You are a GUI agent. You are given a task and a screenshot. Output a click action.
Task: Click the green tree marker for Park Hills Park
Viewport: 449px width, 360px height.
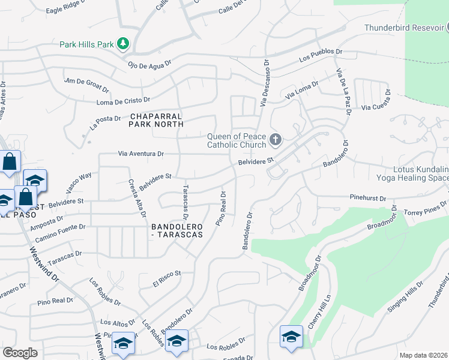(x=123, y=43)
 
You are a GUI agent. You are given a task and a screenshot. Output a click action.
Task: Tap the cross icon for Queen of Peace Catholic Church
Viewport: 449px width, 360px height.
(x=276, y=140)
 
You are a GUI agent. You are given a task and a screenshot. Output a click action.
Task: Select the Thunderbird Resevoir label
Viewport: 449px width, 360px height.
(x=403, y=28)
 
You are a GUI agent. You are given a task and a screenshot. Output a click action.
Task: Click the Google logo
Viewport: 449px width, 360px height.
(x=20, y=353)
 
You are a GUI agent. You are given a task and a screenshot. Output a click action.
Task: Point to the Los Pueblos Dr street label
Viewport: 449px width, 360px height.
(x=321, y=58)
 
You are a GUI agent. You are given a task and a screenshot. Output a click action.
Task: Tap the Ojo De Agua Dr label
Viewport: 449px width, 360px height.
(x=149, y=62)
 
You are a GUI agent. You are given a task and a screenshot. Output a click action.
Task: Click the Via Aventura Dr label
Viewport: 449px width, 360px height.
(x=141, y=154)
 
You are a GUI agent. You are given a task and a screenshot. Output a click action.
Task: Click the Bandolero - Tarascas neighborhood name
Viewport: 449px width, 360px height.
(x=177, y=230)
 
